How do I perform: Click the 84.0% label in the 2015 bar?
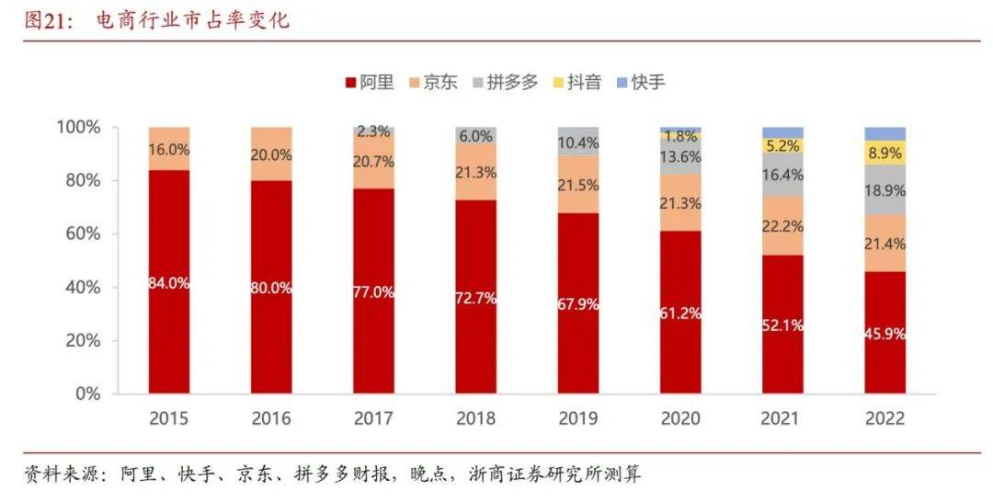[169, 283]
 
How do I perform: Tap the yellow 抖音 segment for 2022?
[885, 153]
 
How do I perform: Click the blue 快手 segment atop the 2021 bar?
[782, 132]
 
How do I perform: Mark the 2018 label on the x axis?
[475, 419]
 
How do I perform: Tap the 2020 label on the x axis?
[680, 419]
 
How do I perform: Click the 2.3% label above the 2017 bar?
[373, 132]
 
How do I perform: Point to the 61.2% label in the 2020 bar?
[680, 314]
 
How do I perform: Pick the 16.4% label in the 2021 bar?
[782, 175]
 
